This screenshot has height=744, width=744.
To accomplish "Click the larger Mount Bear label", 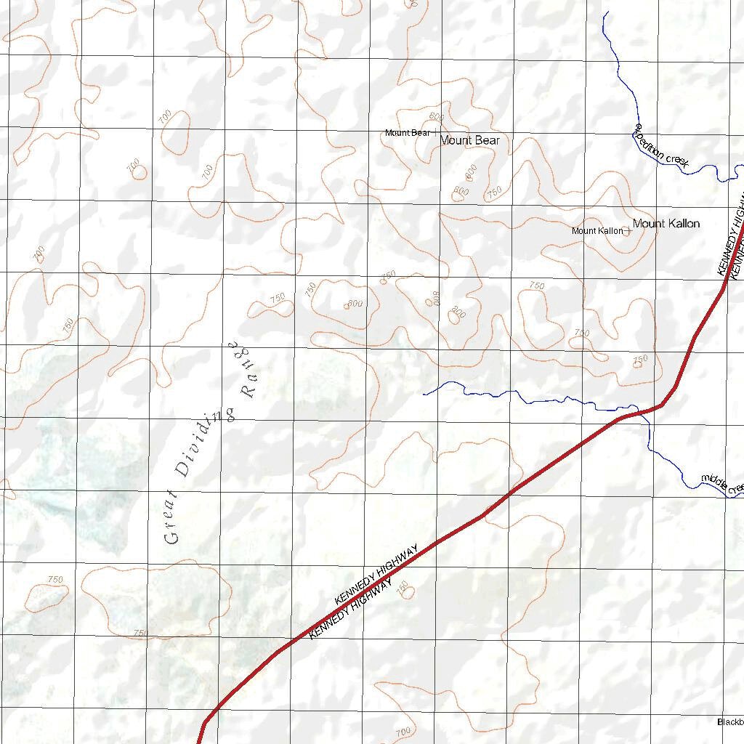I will pyautogui.click(x=470, y=140).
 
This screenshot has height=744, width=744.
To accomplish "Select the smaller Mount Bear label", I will pyautogui.click(x=407, y=133).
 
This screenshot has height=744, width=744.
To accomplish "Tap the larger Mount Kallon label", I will pyautogui.click(x=666, y=224).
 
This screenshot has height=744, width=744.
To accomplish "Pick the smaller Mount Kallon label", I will pyautogui.click(x=597, y=231).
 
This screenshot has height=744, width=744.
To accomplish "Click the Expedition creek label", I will pyautogui.click(x=660, y=148).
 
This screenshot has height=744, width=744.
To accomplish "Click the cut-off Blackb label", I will pyautogui.click(x=730, y=722).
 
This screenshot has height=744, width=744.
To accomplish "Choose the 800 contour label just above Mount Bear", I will pyautogui.click(x=437, y=117).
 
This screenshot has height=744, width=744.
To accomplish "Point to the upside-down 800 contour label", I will pyautogui.click(x=437, y=298).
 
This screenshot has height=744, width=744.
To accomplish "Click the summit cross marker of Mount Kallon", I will pyautogui.click(x=627, y=231).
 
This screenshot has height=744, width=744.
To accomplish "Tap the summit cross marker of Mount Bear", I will pyautogui.click(x=434, y=133).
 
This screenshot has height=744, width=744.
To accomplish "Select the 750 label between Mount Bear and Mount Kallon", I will pyautogui.click(x=494, y=193).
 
